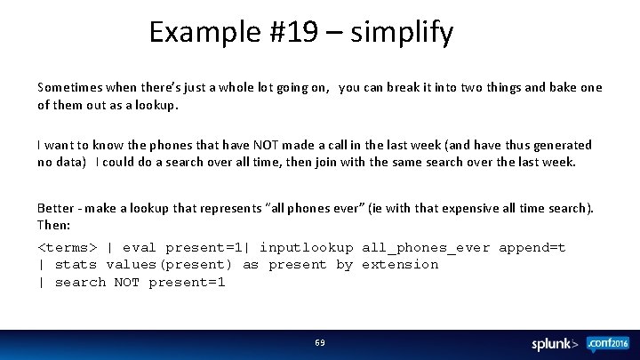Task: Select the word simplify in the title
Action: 402,33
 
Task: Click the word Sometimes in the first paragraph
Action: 69,87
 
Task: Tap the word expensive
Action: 491,208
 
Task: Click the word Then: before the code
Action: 53,226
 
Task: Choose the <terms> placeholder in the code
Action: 67,247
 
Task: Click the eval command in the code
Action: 140,247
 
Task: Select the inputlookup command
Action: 306,247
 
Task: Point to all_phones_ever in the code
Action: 426,247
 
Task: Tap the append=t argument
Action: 532,247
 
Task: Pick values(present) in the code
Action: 169,265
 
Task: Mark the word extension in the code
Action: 400,265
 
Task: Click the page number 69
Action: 320,343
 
